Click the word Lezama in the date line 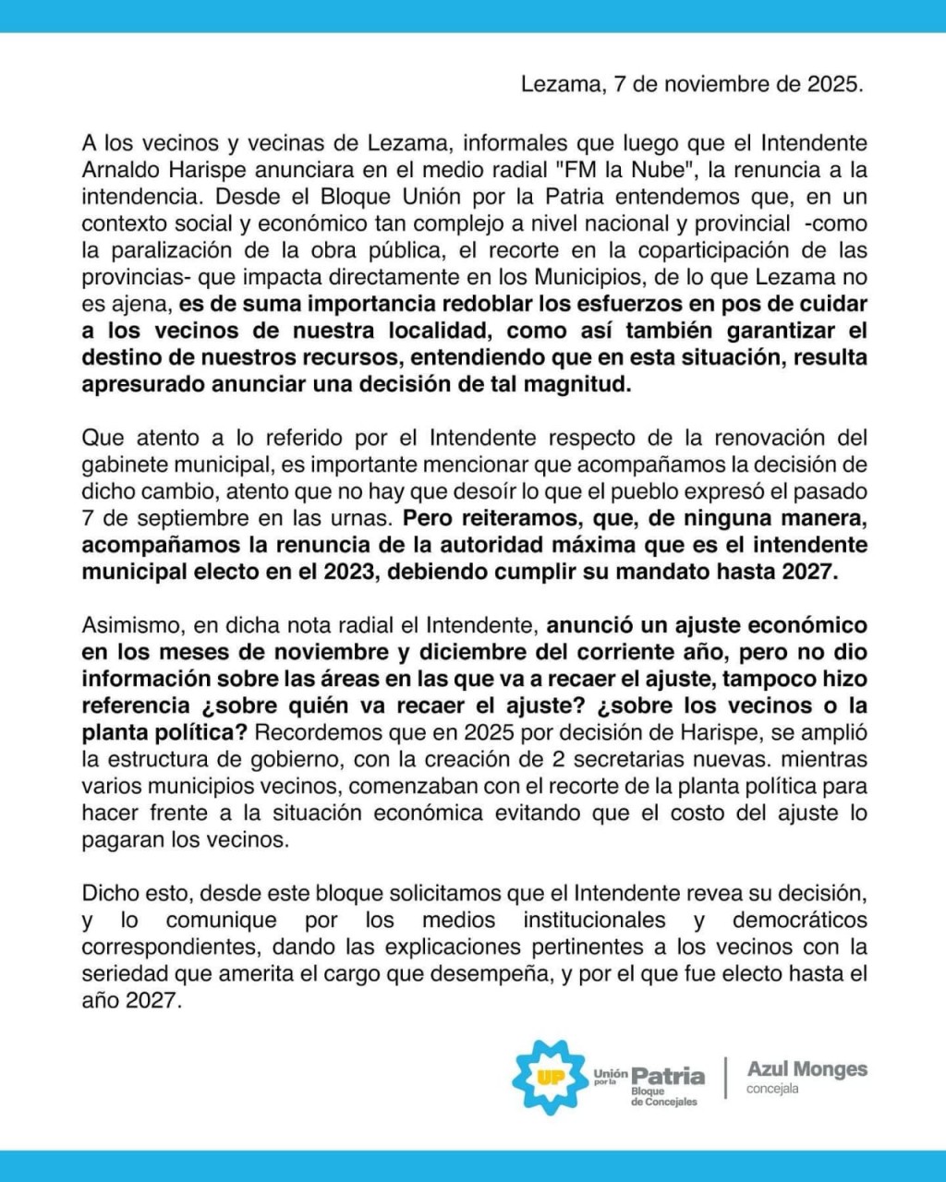pos(556,84)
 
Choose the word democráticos pos(800,920)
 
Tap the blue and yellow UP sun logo pos(551,1077)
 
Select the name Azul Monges pos(807,1069)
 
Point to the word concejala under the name pos(773,1089)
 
